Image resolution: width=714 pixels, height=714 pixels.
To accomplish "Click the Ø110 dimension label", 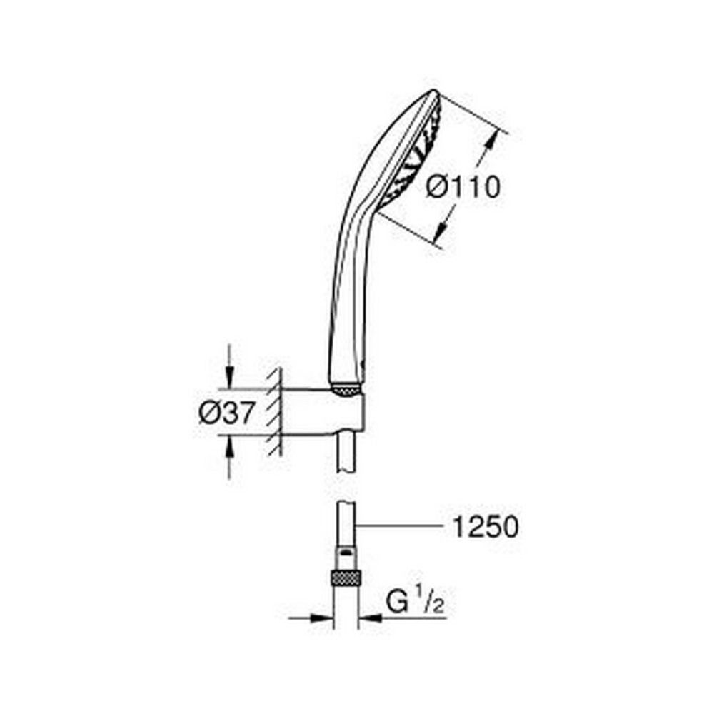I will [462, 188].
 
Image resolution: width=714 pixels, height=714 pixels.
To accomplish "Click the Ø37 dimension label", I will [226, 413].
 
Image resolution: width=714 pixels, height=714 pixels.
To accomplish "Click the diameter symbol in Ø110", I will [437, 188].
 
